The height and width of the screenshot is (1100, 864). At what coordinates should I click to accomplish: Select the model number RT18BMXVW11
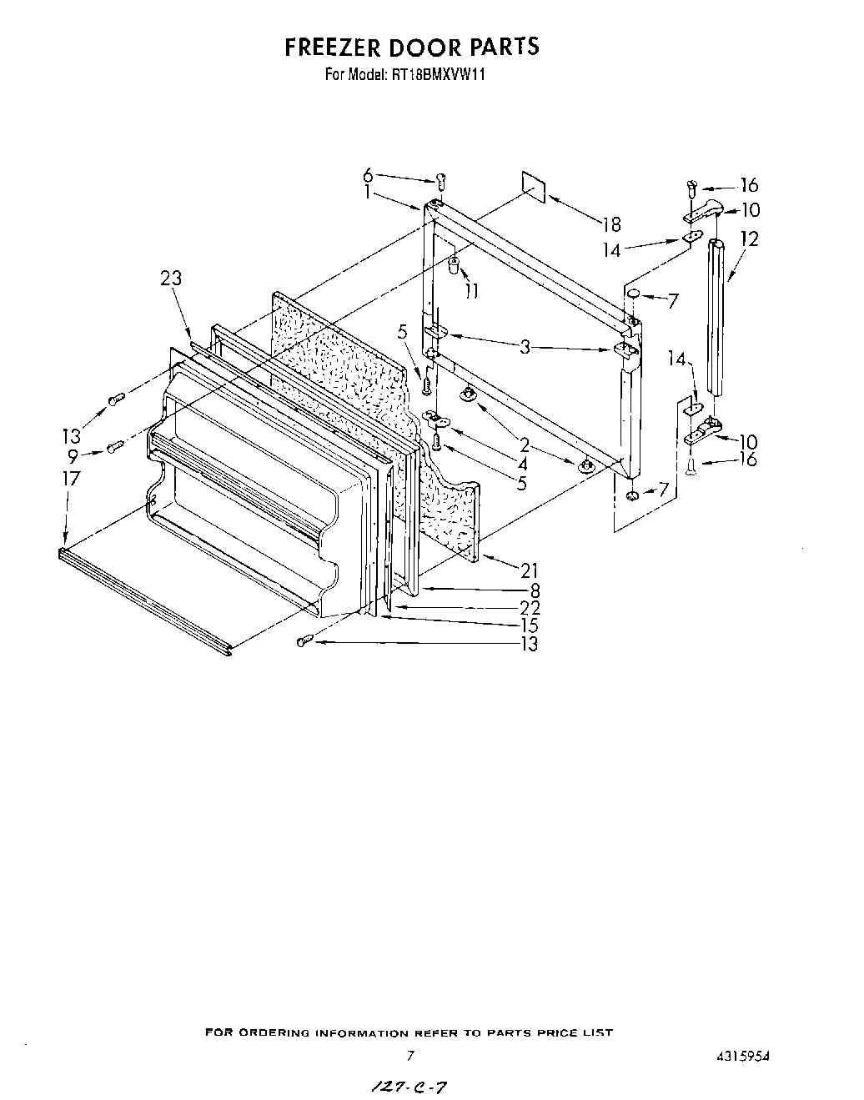pos(438,74)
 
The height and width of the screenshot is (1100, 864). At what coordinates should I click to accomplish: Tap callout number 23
pos(170,279)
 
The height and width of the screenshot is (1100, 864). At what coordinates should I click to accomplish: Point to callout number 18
pos(612,224)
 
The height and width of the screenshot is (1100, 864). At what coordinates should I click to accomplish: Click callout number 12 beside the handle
pos(749,239)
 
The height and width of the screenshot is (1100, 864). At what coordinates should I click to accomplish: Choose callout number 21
pos(529,570)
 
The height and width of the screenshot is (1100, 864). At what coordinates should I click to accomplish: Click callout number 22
pos(529,607)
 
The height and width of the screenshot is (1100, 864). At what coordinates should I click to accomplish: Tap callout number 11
pos(471,292)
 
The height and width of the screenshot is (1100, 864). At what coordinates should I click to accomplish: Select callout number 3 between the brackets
pos(525,347)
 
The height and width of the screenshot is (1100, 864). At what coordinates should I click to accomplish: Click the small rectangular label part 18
pos(531,188)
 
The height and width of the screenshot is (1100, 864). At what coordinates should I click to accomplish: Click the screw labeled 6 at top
pos(442,179)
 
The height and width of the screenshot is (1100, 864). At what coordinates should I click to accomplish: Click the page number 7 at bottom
pos(409,1055)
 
